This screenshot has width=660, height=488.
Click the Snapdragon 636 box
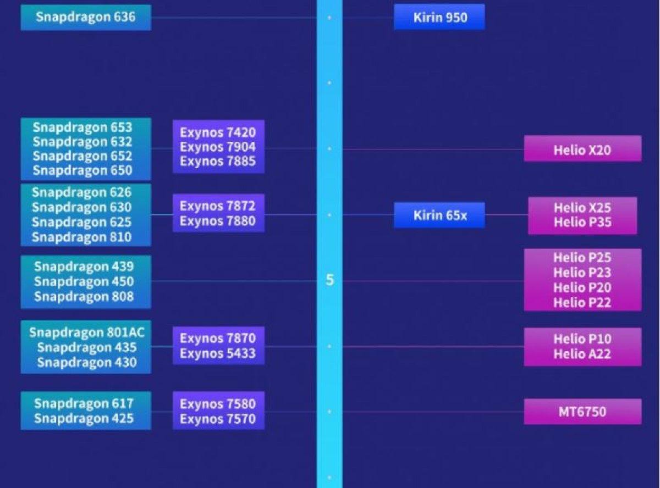click(86, 17)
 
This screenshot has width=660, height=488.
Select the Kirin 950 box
click(440, 17)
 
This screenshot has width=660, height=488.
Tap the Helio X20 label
click(582, 149)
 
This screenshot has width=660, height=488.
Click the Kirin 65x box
click(440, 215)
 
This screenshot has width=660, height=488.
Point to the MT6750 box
click(582, 412)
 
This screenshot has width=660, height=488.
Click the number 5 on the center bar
click(329, 280)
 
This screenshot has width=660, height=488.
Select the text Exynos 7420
click(218, 132)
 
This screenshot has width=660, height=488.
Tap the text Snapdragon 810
click(81, 237)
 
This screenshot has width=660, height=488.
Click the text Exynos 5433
click(218, 353)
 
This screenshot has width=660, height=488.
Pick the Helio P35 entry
click(582, 223)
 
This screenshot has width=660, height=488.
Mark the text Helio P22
click(582, 302)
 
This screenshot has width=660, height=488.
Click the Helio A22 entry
click(582, 354)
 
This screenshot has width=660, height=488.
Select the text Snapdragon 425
click(84, 418)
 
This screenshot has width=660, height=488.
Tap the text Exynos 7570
click(218, 419)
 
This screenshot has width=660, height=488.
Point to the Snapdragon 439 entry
click(84, 267)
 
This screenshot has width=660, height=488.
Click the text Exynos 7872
click(218, 207)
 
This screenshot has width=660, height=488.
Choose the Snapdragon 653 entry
click(82, 127)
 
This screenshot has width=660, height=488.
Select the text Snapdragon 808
click(84, 297)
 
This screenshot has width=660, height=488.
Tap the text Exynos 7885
click(218, 162)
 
